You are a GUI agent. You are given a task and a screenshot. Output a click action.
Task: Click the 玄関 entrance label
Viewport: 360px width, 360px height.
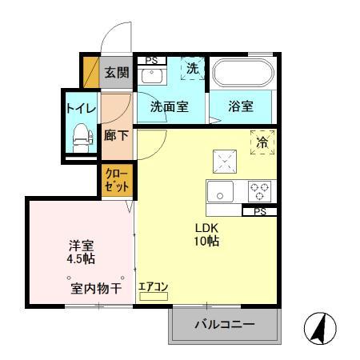pyautogui.click(x=116, y=73)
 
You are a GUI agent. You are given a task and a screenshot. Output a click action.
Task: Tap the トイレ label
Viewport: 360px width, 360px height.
pyautogui.click(x=80, y=106)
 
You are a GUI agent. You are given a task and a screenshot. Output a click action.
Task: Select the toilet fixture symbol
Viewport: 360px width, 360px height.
pyautogui.click(x=80, y=138)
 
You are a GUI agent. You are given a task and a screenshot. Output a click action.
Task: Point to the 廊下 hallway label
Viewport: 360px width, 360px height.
pyautogui.click(x=116, y=134)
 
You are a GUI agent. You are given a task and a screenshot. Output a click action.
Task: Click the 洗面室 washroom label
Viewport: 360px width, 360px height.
pyautogui.click(x=170, y=106)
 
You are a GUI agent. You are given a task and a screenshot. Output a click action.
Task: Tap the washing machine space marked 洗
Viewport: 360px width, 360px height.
pyautogui.click(x=192, y=69)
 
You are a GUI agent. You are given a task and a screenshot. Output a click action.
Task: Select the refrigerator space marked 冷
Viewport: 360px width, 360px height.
pyautogui.click(x=262, y=142)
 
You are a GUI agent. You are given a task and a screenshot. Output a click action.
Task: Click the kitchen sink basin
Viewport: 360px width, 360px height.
pyautogui.click(x=220, y=192)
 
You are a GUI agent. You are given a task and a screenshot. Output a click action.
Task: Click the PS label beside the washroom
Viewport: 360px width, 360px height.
pyautogui.click(x=150, y=60)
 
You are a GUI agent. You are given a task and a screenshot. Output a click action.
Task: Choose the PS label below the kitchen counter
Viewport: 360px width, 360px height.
pyautogui.click(x=260, y=212)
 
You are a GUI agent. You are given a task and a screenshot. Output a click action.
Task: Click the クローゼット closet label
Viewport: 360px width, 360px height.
pyautogui.click(x=116, y=181)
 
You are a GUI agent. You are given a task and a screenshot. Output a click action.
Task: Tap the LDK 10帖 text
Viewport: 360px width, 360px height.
pyautogui.click(x=206, y=234)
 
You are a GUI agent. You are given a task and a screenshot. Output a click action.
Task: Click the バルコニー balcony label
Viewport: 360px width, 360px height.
pyautogui.click(x=225, y=326)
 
